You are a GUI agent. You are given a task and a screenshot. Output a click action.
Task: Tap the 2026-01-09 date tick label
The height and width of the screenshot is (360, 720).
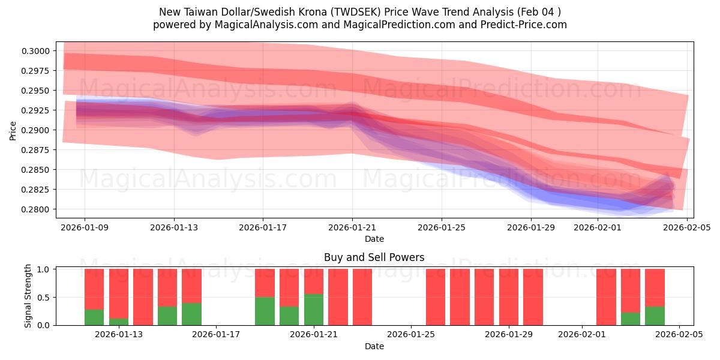(84, 227)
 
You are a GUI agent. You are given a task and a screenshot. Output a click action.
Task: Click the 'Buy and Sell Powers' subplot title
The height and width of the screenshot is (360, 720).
(374, 257)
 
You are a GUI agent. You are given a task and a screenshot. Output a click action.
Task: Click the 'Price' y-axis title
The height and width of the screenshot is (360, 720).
(13, 130)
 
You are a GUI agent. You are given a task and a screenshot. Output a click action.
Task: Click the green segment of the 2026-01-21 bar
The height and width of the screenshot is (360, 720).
(314, 310)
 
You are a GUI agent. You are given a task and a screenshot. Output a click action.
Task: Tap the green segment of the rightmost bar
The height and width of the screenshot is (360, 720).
(655, 316)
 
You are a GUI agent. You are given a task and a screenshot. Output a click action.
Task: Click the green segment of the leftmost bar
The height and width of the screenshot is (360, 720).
(94, 317)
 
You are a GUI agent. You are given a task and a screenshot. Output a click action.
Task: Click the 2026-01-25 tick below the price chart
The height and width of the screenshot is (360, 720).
(442, 227)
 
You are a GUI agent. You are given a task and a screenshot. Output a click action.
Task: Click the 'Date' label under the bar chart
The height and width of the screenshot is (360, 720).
(374, 346)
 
